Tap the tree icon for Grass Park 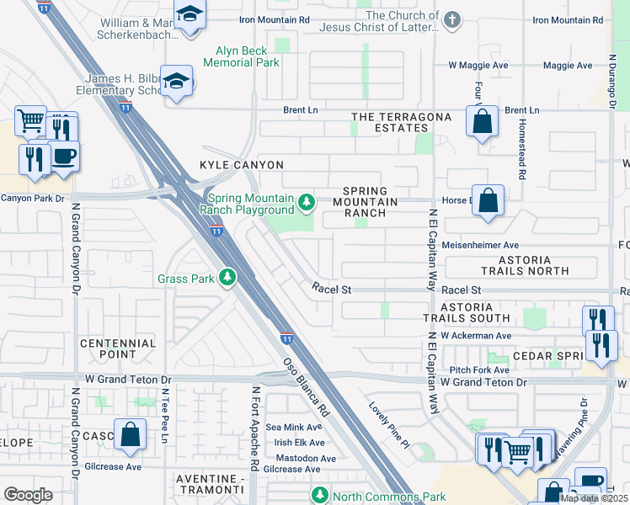(227, 278)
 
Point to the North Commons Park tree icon (319, 495)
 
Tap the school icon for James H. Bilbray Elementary (178, 81)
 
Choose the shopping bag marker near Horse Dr (488, 201)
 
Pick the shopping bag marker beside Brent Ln (481, 122)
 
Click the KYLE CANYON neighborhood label (242, 165)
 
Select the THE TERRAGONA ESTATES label (390, 122)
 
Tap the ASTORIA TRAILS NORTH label (525, 265)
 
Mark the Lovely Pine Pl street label (388, 424)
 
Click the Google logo (29, 494)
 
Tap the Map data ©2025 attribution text (594, 498)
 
